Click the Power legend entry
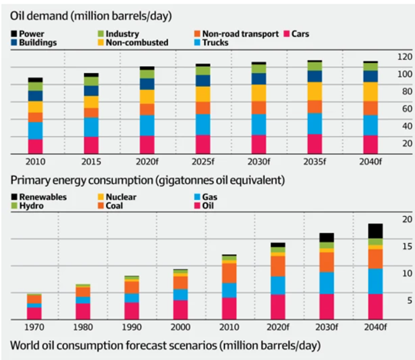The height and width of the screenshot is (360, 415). (x=28, y=34)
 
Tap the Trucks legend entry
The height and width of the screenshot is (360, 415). (x=211, y=42)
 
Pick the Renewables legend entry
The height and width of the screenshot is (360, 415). (x=38, y=197)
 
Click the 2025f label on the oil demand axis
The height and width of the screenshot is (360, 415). (x=203, y=162)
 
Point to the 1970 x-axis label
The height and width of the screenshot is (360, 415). (x=34, y=327)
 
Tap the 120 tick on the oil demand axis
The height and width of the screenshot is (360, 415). (x=405, y=57)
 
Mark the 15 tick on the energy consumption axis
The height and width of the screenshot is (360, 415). (x=407, y=246)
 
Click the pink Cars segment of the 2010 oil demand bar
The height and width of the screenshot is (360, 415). (x=35, y=147)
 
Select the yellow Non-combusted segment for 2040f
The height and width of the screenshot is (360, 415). (x=370, y=92)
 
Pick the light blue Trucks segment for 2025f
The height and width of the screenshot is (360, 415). (x=203, y=125)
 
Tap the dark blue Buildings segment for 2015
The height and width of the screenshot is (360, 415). (x=92, y=91)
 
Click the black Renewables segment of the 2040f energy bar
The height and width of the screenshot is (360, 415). (x=375, y=232)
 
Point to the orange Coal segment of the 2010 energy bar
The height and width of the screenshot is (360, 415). (x=229, y=273)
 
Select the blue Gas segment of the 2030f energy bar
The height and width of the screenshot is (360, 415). (x=326, y=283)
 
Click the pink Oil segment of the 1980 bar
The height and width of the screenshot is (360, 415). (x=83, y=312)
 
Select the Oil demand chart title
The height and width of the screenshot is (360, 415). (x=91, y=16)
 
